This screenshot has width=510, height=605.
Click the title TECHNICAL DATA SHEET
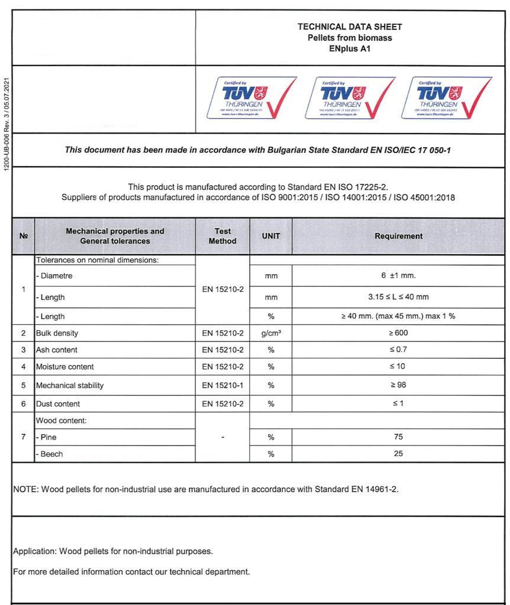point(350,27)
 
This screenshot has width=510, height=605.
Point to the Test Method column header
point(222,236)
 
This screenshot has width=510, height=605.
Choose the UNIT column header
point(271,236)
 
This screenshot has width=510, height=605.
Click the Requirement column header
point(398,236)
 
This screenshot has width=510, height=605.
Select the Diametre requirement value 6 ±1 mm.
point(398,275)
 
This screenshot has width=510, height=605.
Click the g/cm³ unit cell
point(271,333)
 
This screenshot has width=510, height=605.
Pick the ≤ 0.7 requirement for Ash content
point(398,350)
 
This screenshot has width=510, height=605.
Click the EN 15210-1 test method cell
point(222,385)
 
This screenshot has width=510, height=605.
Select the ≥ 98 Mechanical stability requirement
point(398,385)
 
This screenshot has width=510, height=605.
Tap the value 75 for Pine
point(398,437)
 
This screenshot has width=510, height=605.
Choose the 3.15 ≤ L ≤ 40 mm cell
point(398,297)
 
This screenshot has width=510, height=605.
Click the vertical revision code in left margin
point(7,125)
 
